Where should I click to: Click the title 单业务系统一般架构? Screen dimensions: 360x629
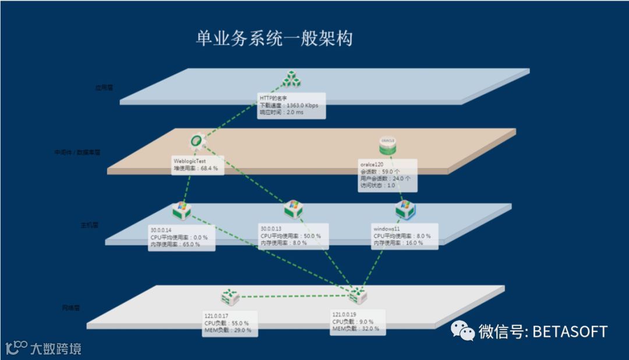[x=274, y=39]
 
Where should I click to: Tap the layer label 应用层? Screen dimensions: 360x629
[x=104, y=88]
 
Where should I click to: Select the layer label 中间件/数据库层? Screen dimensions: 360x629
[x=77, y=152]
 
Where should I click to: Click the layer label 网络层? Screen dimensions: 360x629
[x=71, y=306]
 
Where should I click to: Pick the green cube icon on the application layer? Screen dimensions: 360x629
[x=291, y=79]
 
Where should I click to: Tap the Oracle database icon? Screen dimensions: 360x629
[x=388, y=145]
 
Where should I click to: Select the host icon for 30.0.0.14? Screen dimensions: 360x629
[x=181, y=210]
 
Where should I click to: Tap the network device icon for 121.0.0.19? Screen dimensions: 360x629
[x=358, y=297]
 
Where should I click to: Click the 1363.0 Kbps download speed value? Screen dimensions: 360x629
[x=302, y=105]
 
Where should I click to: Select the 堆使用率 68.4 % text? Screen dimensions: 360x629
[x=196, y=168]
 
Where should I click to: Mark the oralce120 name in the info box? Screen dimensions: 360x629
[x=372, y=165]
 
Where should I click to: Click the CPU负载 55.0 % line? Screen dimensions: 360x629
[x=227, y=323]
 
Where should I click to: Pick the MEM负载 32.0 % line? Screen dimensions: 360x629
[x=355, y=329]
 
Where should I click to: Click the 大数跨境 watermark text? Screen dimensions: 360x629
[x=56, y=349]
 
